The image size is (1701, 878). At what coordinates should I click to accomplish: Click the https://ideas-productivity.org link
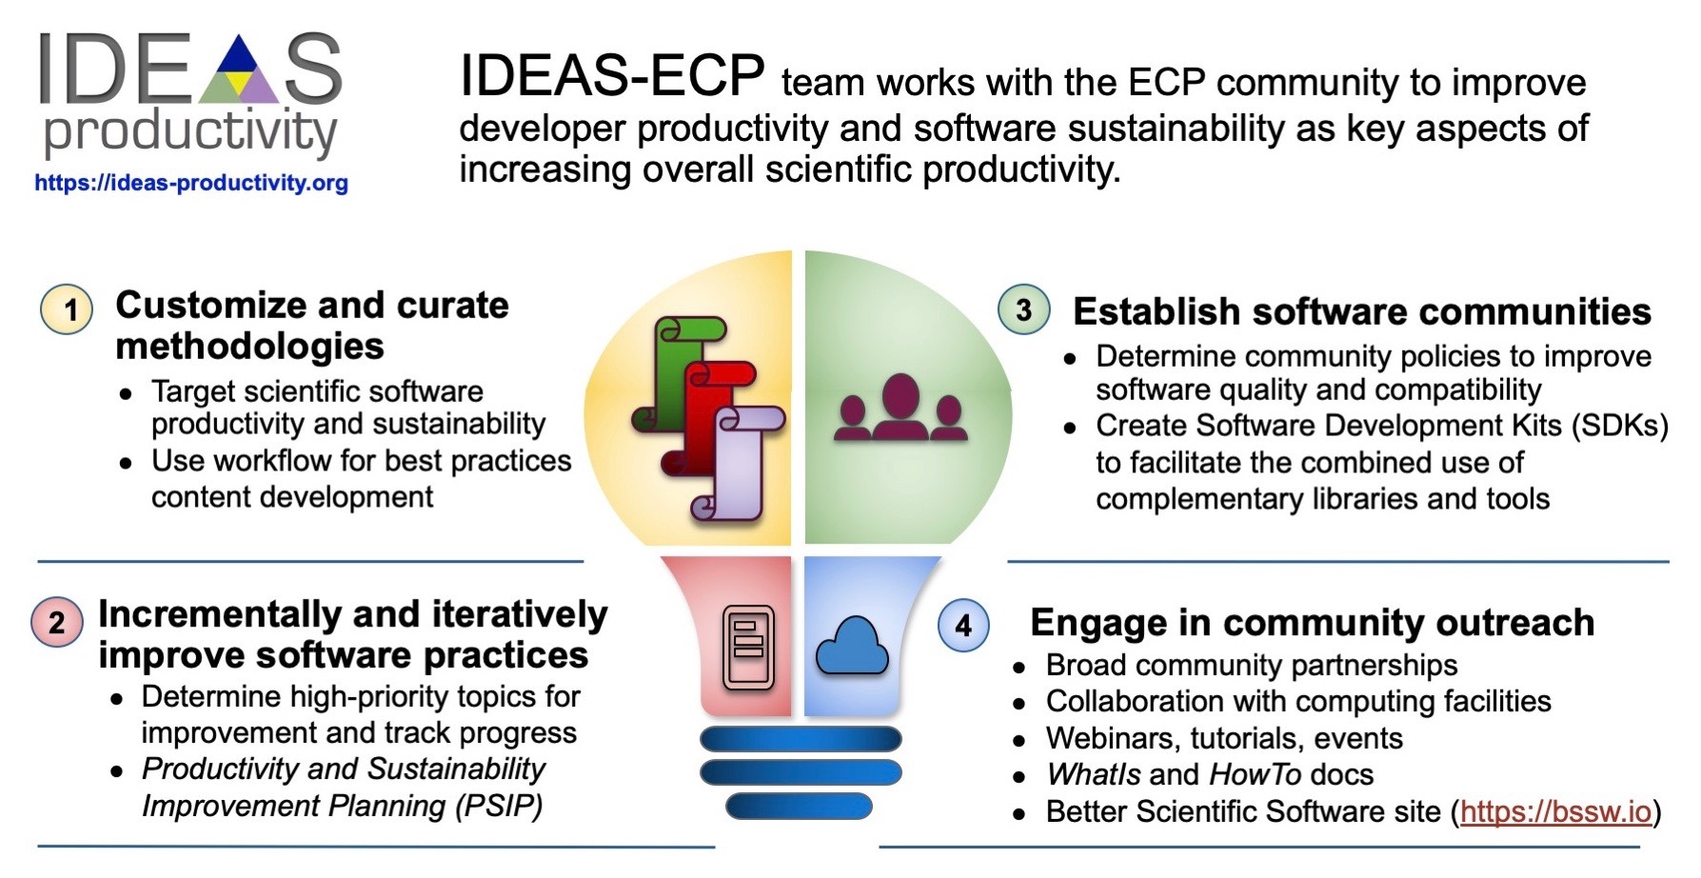191,183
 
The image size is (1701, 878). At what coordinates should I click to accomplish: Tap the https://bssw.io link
1555,811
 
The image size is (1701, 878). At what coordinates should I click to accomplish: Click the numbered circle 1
67,310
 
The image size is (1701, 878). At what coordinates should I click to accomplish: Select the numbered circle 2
57,622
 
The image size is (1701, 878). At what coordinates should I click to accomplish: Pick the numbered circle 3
1024,310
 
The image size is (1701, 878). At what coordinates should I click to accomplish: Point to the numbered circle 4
963,626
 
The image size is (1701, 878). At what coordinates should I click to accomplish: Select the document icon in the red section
749,648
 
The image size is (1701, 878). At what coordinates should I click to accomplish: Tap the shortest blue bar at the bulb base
799,807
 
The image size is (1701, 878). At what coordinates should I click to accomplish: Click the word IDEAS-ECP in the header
612,75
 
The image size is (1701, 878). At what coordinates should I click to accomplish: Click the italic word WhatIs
1093,774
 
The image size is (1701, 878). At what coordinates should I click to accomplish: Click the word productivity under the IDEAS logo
191,133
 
